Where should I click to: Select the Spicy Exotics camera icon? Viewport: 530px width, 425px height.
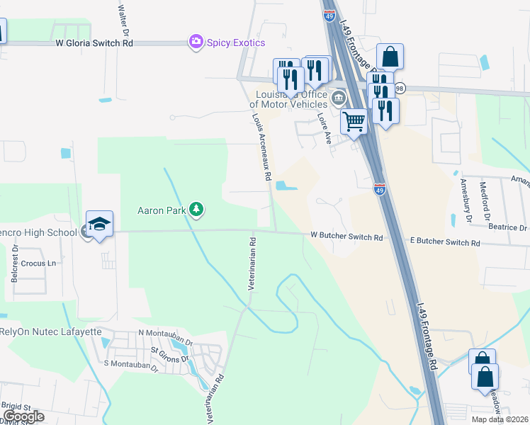[x=196, y=42]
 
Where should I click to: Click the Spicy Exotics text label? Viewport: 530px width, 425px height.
[x=236, y=42]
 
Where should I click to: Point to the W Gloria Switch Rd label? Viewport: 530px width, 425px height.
[x=94, y=42]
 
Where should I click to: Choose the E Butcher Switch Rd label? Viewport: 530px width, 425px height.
[x=445, y=242]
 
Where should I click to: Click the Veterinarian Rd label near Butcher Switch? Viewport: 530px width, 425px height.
[x=252, y=264]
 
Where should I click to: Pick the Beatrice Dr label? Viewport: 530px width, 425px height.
[x=507, y=227]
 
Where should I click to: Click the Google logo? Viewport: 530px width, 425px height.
[x=23, y=416]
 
